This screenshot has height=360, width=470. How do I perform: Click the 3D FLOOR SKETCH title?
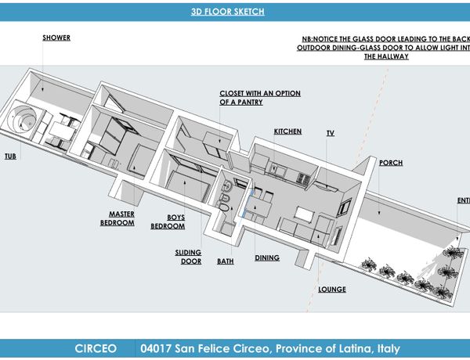(x=228, y=12)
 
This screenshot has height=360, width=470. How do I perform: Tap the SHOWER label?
(x=56, y=38)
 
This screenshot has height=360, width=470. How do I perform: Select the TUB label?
(x=9, y=156)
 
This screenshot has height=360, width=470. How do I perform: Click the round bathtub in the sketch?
(x=23, y=123)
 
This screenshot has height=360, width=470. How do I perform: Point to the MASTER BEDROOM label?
(x=117, y=218)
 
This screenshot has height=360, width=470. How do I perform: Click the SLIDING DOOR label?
(x=188, y=257)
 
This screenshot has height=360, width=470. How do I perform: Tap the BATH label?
(x=225, y=261)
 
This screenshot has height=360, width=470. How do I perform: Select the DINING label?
(x=267, y=257)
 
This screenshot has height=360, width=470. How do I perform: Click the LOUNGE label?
(x=332, y=290)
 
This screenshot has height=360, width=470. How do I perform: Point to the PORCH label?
(x=390, y=163)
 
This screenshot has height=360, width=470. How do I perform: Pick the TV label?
(x=331, y=134)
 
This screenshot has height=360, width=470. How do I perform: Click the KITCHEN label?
(x=287, y=131)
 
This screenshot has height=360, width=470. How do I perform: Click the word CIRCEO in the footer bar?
(x=98, y=348)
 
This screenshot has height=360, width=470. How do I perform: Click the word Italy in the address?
(x=386, y=348)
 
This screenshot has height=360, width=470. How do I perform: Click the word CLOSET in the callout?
(x=236, y=93)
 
